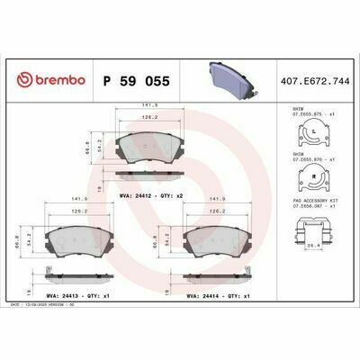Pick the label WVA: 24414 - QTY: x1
point(216,294)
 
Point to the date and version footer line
point(54,305)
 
